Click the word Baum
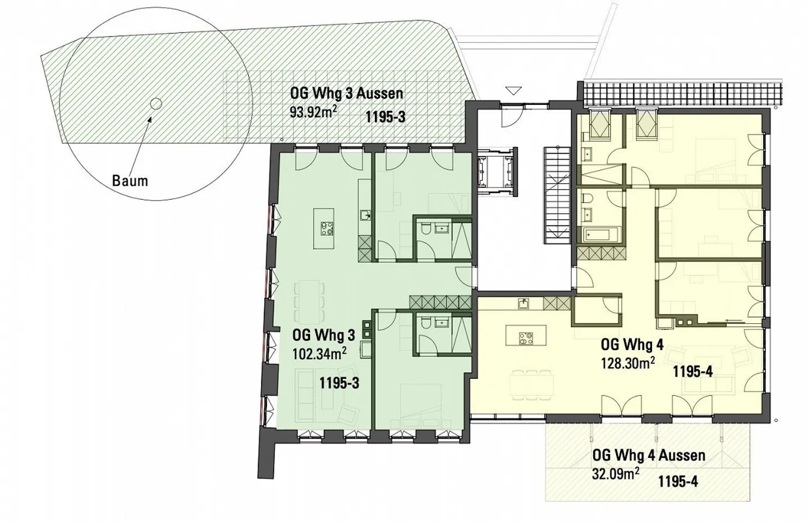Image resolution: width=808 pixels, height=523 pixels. point(130,181)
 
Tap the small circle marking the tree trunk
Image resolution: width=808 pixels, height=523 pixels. point(155,104)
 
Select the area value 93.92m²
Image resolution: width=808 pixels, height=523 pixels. point(314,112)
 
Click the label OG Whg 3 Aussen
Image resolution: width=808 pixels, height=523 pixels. point(346,94)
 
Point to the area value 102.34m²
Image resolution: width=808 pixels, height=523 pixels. point(319,354)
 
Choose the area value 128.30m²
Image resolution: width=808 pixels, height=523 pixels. point(628,363)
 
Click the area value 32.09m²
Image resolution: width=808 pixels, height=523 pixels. point(616,474)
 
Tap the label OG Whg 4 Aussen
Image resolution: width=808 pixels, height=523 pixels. point(649,456)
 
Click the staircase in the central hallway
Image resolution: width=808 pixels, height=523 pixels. point(557,195)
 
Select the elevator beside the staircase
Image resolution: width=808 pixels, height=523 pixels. point(497,172)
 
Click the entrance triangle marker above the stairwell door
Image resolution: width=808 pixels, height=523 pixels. point(513,90)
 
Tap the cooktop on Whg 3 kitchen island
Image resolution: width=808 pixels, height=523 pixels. point(327,229)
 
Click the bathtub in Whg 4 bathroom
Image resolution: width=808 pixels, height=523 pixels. point(600,235)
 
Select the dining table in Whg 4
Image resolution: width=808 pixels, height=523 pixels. point(532,385)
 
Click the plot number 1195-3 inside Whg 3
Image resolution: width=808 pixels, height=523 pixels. point(339,383)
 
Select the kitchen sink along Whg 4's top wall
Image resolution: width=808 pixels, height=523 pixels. point(524,304)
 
